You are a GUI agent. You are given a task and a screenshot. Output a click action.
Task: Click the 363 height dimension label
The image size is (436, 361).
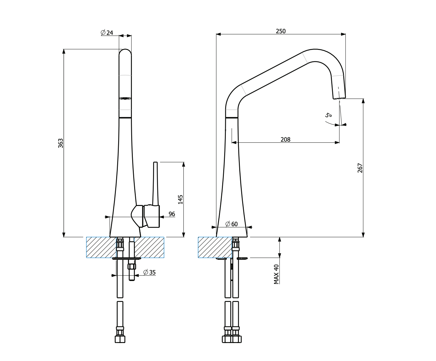(61, 143)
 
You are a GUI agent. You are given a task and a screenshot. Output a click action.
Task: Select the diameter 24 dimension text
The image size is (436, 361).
(107, 33)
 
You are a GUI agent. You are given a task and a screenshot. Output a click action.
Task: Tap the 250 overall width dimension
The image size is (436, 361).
(281, 31)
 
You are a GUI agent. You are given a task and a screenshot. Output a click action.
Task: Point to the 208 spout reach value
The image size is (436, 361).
(285, 140)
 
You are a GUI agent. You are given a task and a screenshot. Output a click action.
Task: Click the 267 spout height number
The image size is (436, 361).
(360, 168)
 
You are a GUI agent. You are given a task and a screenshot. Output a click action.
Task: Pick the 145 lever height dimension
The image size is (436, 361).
(180, 199)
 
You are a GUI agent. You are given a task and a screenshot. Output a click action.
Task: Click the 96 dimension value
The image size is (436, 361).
(172, 214)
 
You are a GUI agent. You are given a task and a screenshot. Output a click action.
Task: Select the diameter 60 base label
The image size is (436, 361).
(232, 224)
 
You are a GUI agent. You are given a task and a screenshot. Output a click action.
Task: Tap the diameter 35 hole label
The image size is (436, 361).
(150, 272)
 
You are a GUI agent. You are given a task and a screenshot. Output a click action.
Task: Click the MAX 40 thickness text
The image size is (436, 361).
(276, 274)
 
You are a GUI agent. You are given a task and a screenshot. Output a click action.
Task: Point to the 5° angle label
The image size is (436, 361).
(328, 115)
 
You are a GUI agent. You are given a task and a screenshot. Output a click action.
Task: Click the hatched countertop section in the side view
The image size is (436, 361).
(215, 247)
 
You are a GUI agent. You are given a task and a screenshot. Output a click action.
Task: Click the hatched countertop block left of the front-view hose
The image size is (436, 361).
(101, 247)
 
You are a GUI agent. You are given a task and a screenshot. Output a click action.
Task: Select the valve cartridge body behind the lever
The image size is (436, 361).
(152, 216)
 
